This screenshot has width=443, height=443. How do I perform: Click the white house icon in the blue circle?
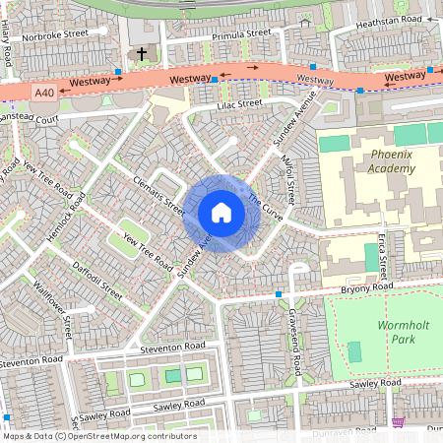[221, 213]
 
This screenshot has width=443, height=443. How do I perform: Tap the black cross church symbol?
[141, 54]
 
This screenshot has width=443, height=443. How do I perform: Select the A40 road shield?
[44, 92]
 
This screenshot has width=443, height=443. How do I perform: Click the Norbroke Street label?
[55, 32]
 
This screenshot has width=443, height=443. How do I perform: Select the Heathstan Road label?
[388, 20]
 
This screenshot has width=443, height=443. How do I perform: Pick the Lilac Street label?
[239, 103]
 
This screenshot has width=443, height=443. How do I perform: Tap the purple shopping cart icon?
[398, 422]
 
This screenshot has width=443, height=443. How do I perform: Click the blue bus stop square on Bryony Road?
[279, 293]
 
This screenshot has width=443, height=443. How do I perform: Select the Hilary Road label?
[7, 47]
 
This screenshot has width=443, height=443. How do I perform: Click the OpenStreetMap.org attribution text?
[127, 436]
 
